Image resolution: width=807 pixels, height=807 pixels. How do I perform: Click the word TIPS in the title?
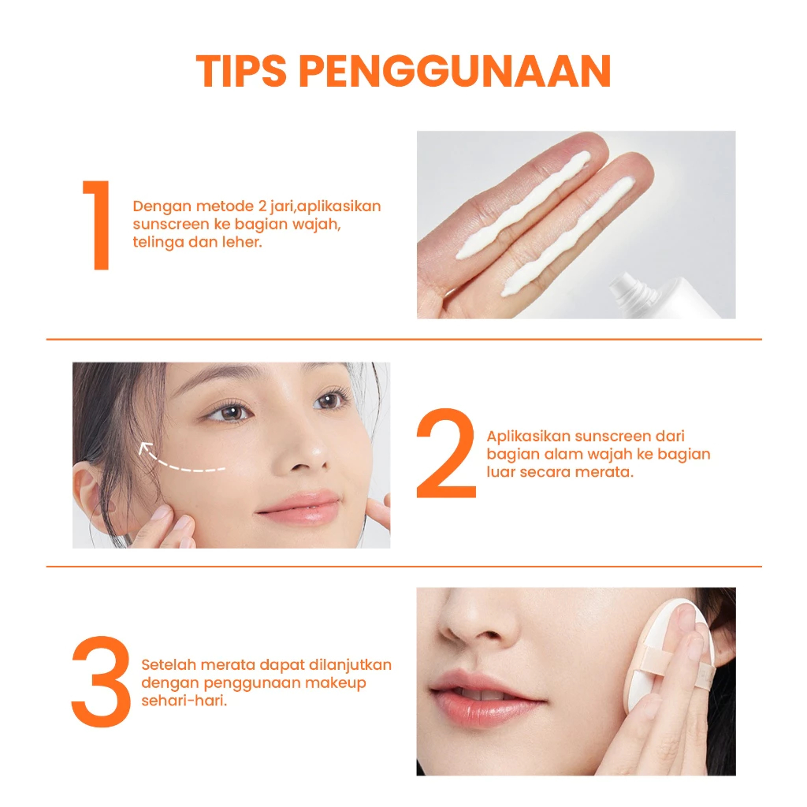pyautogui.click(x=241, y=71)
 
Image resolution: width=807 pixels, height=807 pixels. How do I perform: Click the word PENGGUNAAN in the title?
pyautogui.click(x=455, y=71)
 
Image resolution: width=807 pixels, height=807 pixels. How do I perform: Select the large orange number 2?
pyautogui.click(x=446, y=453)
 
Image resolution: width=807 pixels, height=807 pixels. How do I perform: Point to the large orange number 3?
pyautogui.click(x=101, y=682)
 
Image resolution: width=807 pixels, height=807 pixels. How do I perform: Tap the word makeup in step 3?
pyautogui.click(x=336, y=683)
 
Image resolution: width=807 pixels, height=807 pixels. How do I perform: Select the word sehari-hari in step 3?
pyautogui.click(x=184, y=701)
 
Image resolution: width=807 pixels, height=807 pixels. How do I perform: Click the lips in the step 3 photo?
pyautogui.click(x=484, y=698)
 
